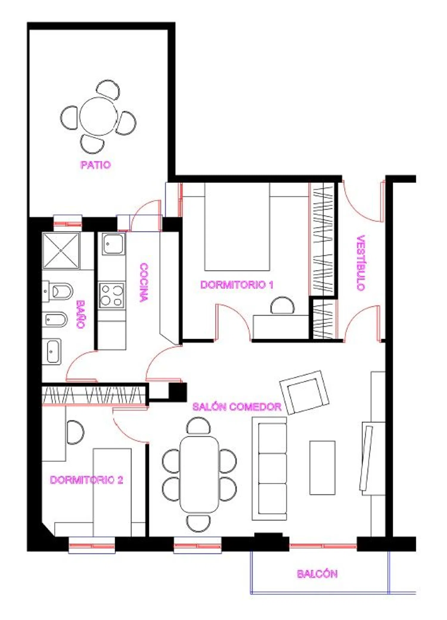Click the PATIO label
96,165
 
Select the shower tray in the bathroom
61,251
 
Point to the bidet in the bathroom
55,320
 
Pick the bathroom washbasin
52,352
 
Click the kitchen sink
113,244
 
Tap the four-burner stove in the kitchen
112,295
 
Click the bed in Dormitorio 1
237,227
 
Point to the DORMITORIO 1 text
237,285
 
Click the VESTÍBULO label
361,263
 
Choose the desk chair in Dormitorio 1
283,305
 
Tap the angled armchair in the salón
304,392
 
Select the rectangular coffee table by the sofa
322,468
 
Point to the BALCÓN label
317,574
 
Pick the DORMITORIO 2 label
86,480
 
